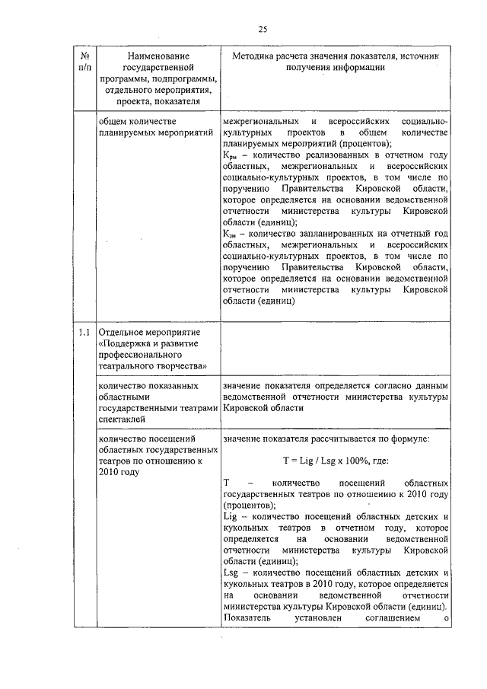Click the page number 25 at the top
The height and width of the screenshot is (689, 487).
coord(262,29)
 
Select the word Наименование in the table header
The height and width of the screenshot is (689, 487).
coord(159,56)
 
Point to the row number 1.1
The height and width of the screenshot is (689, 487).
coord(86,333)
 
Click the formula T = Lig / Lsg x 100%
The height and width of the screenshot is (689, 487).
coord(336,461)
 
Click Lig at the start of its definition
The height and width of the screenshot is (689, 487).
coord(230,516)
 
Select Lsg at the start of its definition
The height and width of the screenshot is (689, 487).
coord(231,571)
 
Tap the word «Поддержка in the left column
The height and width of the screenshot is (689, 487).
coord(127,344)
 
